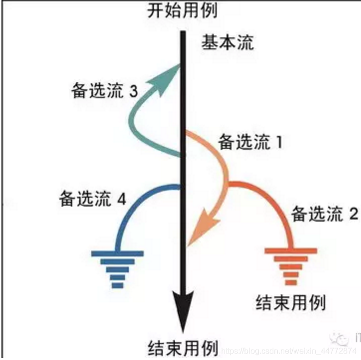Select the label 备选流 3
[x=105, y=92]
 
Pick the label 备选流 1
[x=250, y=143]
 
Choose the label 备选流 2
[x=325, y=215]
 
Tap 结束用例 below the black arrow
[x=184, y=348]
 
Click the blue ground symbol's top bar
[x=118, y=254]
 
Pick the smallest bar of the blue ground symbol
[x=118, y=285]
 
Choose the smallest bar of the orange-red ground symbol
[x=291, y=281]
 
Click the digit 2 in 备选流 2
[x=354, y=215]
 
